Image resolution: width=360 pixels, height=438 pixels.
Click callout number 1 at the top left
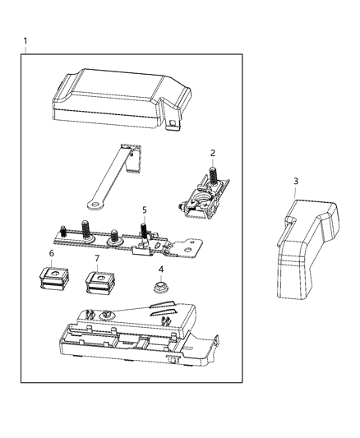tap(25, 41)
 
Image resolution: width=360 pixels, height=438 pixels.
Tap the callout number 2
tap(212, 153)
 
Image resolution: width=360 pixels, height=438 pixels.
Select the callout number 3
tap(296, 181)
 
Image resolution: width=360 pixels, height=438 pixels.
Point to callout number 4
tap(161, 269)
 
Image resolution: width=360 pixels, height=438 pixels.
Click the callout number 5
tap(144, 210)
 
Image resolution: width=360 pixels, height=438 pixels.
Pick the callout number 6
tap(51, 254)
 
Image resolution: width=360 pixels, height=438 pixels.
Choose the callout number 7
tap(96, 259)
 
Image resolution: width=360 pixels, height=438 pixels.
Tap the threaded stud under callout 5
tap(144, 226)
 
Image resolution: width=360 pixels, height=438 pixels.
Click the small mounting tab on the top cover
tap(173, 123)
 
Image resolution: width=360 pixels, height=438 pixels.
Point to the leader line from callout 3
tap(296, 191)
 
